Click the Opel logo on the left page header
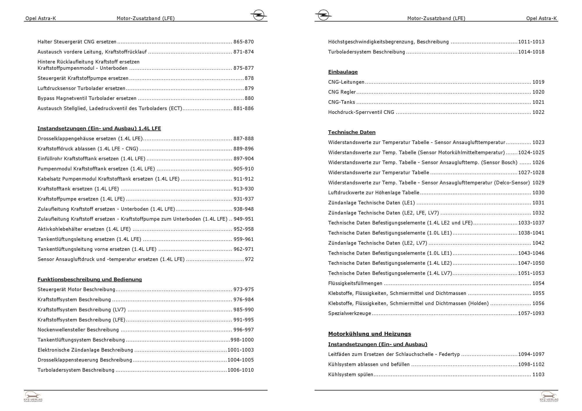pyautogui.click(x=258, y=15)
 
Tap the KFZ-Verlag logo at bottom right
pyautogui.click(x=549, y=396)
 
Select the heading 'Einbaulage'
pyautogui.click(x=343, y=72)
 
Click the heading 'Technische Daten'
pyautogui.click(x=352, y=132)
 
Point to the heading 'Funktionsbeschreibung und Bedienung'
pyautogui.click(x=90, y=280)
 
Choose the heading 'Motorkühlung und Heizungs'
pyautogui.click(x=369, y=334)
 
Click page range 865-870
pyautogui.click(x=244, y=42)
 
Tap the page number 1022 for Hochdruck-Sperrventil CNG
pyautogui.click(x=538, y=112)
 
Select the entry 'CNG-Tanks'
pyautogui.click(x=341, y=102)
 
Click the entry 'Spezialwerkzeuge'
pyautogui.click(x=349, y=314)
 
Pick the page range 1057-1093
pyautogui.click(x=531, y=314)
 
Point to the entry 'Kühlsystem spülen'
pyautogui.click(x=350, y=375)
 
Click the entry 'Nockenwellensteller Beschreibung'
pyautogui.click(x=78, y=330)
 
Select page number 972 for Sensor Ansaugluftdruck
pyautogui.click(x=249, y=259)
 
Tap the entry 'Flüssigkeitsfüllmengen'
pyautogui.click(x=355, y=283)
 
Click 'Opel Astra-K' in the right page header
pyautogui.click(x=541, y=18)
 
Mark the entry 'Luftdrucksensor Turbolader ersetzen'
pyautogui.click(x=81, y=88)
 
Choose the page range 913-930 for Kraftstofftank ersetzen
pyautogui.click(x=244, y=189)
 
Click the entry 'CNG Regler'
pyautogui.click(x=342, y=92)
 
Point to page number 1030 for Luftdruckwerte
pyautogui.click(x=538, y=193)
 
